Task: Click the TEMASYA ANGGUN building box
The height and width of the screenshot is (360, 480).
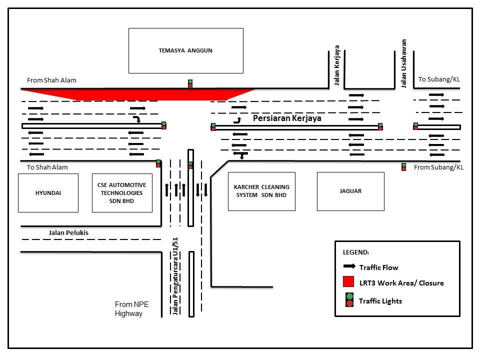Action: pos(185,50)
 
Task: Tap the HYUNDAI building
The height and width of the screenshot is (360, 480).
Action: pos(48,192)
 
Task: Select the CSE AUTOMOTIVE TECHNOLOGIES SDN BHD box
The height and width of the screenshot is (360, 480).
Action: pos(122,192)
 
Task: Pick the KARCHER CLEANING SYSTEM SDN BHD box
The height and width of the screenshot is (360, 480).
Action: pos(261,191)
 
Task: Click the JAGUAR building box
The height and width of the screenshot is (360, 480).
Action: pos(350,191)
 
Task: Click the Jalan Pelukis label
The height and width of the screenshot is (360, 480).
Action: pos(68,232)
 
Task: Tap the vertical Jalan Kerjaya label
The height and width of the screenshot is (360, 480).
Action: pos(337,65)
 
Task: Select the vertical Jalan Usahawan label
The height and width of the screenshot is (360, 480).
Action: pos(404,63)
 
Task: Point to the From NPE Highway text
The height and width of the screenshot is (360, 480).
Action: pos(132,309)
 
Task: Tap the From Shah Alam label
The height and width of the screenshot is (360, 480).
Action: pos(52,80)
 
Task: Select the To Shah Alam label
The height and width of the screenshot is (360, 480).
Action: pos(47,167)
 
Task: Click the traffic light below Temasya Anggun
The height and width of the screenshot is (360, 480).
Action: pos(190,83)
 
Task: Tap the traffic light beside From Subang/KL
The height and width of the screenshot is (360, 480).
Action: pos(403,167)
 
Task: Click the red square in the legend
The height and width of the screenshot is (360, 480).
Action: pos(348,282)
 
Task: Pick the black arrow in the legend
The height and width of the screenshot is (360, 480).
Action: pos(348,266)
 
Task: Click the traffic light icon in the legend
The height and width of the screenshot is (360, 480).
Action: pos(349,299)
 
